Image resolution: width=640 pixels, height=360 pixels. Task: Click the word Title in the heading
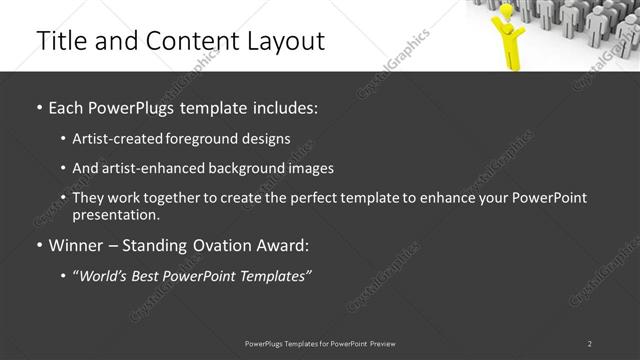[x=58, y=41]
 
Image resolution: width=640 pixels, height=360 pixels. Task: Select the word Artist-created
[x=111, y=139]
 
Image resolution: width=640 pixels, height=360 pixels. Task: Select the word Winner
[x=76, y=245]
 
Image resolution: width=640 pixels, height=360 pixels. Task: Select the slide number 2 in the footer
[x=590, y=344]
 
